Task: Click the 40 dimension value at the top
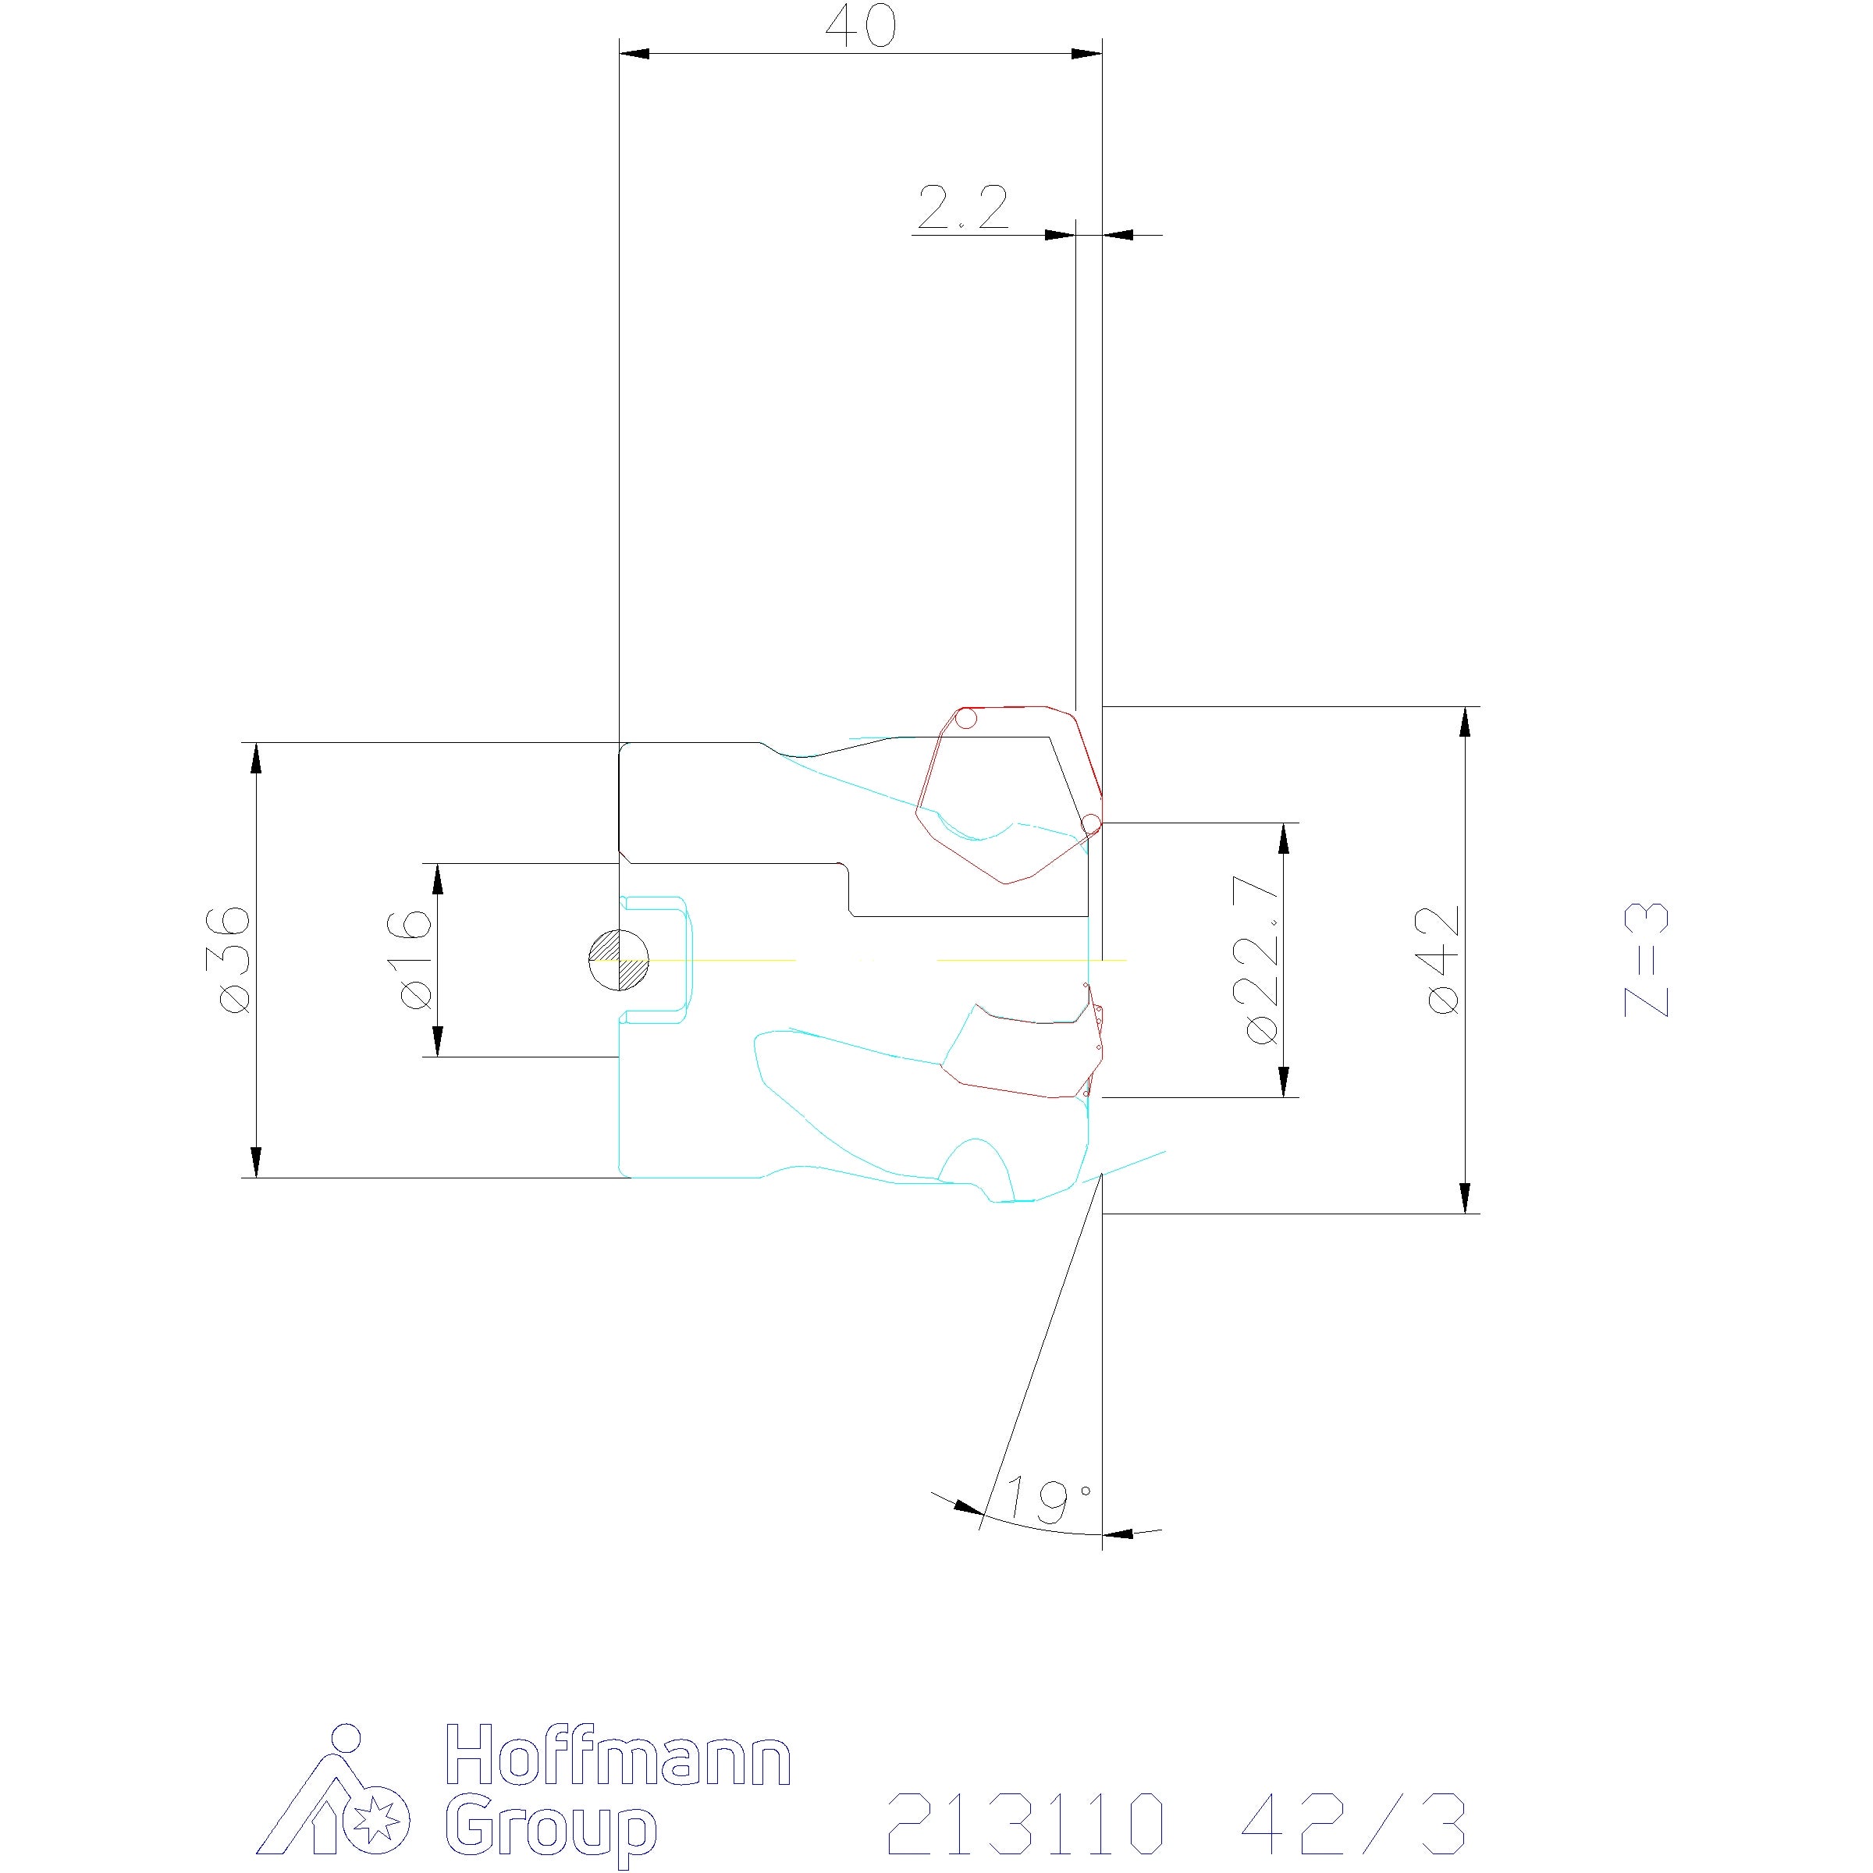pyautogui.click(x=861, y=27)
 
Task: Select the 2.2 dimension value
pyautogui.click(x=963, y=208)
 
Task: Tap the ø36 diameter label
pyautogui.click(x=235, y=960)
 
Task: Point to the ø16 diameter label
pyautogui.click(x=415, y=959)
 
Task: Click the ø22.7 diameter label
pyautogui.click(x=1262, y=959)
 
